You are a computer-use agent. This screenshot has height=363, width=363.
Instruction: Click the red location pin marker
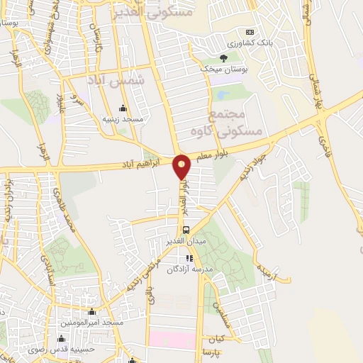[182, 167]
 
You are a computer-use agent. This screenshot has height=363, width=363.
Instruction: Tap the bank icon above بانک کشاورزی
[250, 32]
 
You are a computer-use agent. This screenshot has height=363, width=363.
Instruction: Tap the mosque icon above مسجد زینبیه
[123, 108]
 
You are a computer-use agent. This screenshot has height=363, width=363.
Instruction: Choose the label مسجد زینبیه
[123, 119]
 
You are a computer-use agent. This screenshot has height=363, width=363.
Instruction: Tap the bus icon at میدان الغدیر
[186, 230]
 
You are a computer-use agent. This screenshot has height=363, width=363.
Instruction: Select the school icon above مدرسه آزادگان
[189, 259]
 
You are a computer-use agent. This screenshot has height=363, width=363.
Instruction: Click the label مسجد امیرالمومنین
[92, 323]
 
